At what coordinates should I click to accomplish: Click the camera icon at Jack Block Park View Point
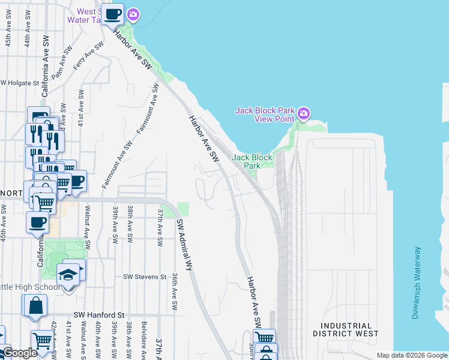[x=304, y=113]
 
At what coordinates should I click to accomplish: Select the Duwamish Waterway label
[x=416, y=283]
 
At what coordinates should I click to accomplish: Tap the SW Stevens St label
[x=144, y=277]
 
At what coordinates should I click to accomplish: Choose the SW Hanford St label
[x=98, y=314]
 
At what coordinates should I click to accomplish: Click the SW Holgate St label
[x=20, y=83]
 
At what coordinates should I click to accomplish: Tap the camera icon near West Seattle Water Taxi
[x=133, y=14]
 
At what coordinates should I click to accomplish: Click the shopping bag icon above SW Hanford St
[x=35, y=305]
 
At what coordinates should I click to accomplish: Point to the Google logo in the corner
[x=19, y=353]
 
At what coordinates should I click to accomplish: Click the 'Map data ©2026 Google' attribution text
[x=411, y=355]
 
